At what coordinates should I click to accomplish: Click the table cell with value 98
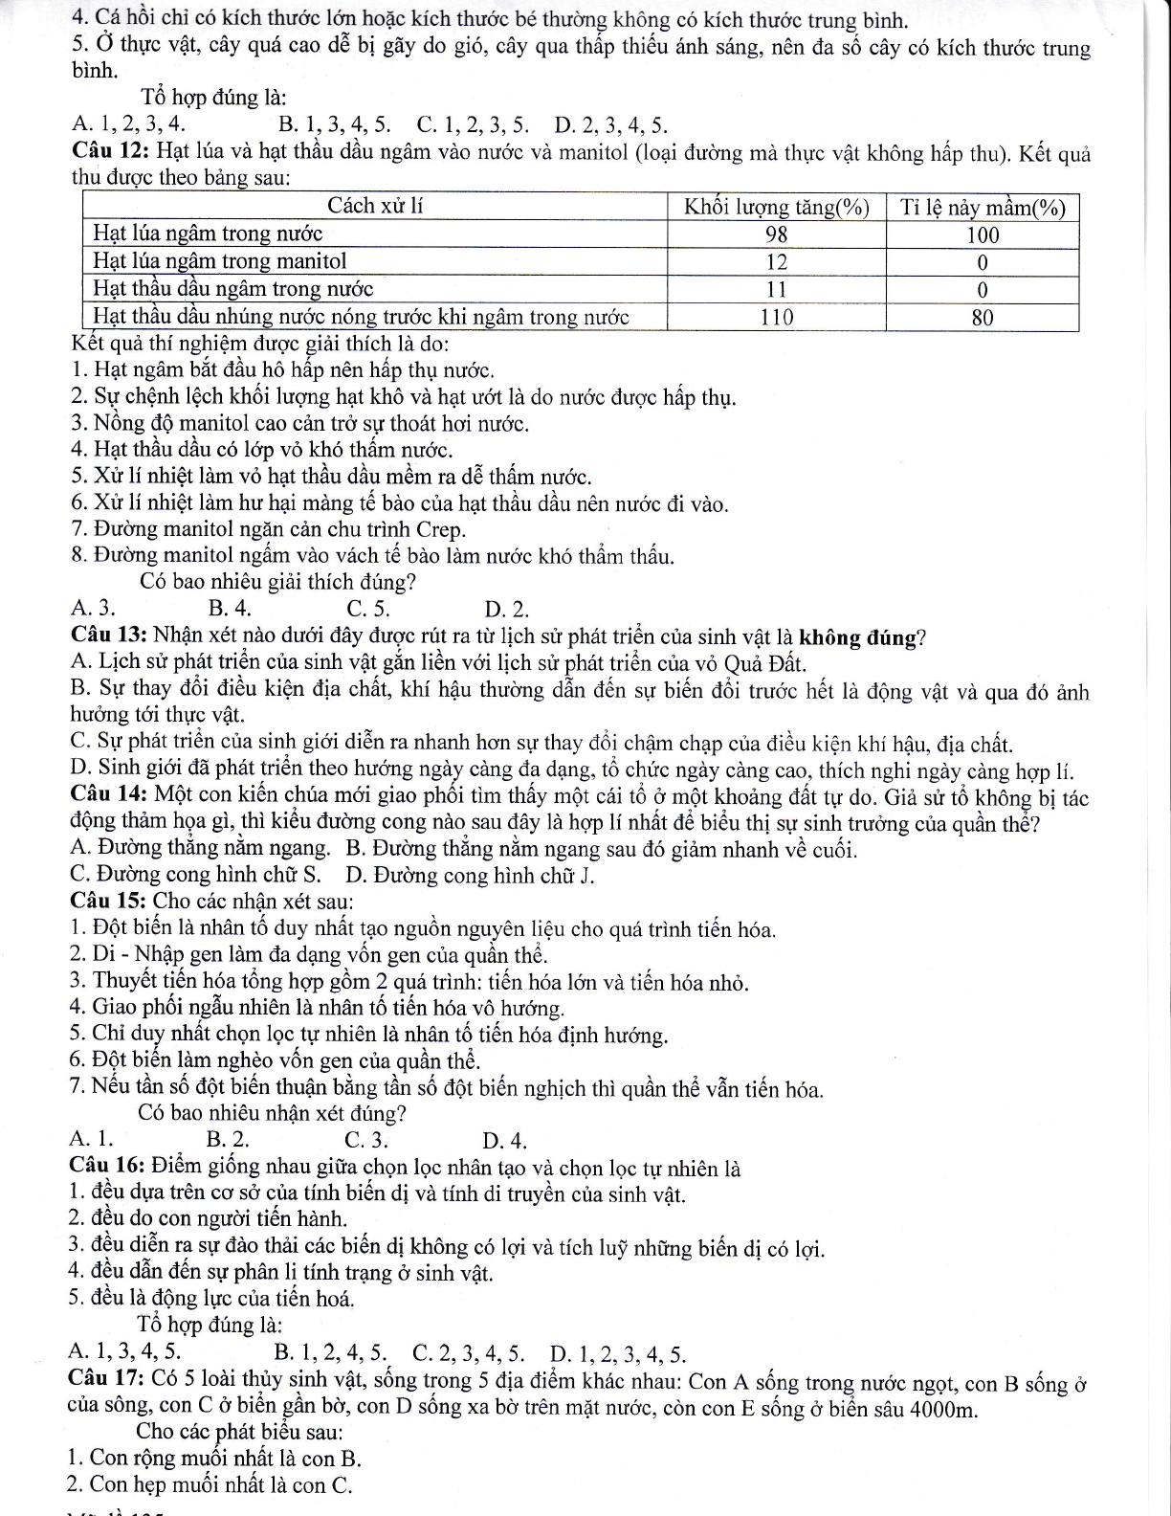coord(776,234)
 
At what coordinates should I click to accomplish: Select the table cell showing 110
coord(776,318)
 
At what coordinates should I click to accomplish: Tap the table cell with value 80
coord(983,318)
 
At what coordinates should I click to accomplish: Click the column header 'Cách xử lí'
coord(376,206)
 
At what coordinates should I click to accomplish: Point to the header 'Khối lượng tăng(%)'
coord(776,207)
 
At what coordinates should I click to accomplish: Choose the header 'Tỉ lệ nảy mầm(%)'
coord(983,207)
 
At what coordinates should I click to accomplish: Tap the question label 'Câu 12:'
coord(110,151)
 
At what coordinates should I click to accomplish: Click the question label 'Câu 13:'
coord(109,635)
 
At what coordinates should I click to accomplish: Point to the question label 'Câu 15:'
coord(109,902)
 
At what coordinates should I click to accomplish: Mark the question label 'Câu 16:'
coord(109,1168)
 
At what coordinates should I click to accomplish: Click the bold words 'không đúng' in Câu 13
coord(857,636)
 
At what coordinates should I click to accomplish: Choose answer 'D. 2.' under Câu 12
coord(506,609)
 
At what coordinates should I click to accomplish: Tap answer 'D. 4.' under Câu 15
coord(505,1140)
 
